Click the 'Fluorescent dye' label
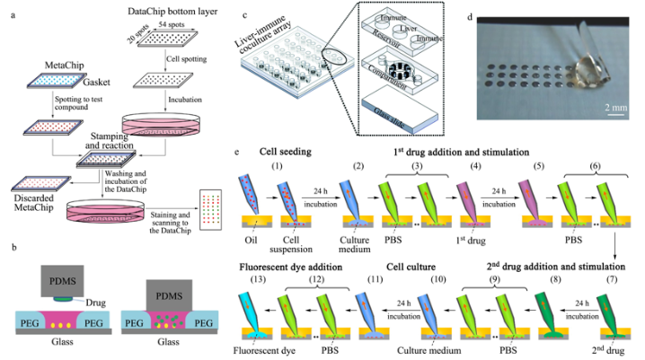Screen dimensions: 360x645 pos(267,353)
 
